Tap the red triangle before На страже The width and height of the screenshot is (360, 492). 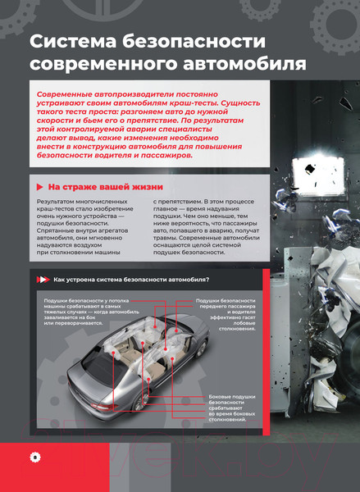click(x=40, y=186)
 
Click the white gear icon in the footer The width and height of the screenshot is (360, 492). click(x=34, y=456)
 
